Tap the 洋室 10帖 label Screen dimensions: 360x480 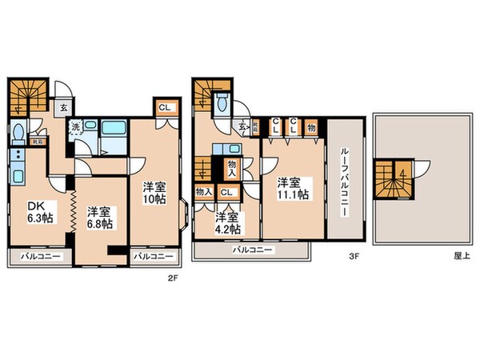coord(154,192)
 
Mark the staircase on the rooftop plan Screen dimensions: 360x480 coord(394,178)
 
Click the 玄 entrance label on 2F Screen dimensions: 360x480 coord(61,104)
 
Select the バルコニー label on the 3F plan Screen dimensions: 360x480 coord(252,250)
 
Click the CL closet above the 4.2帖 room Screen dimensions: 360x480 coord(226,193)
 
